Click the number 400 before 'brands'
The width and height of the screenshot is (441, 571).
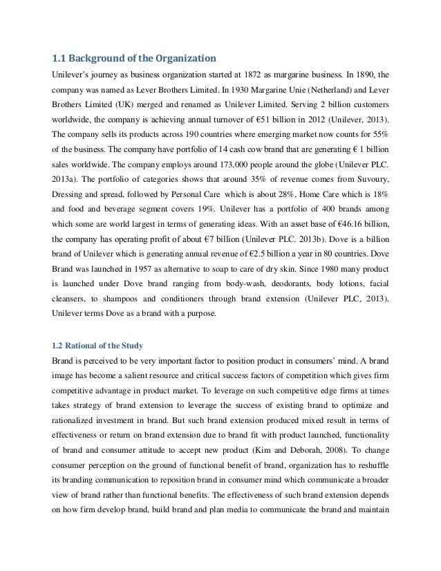point(313,212)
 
